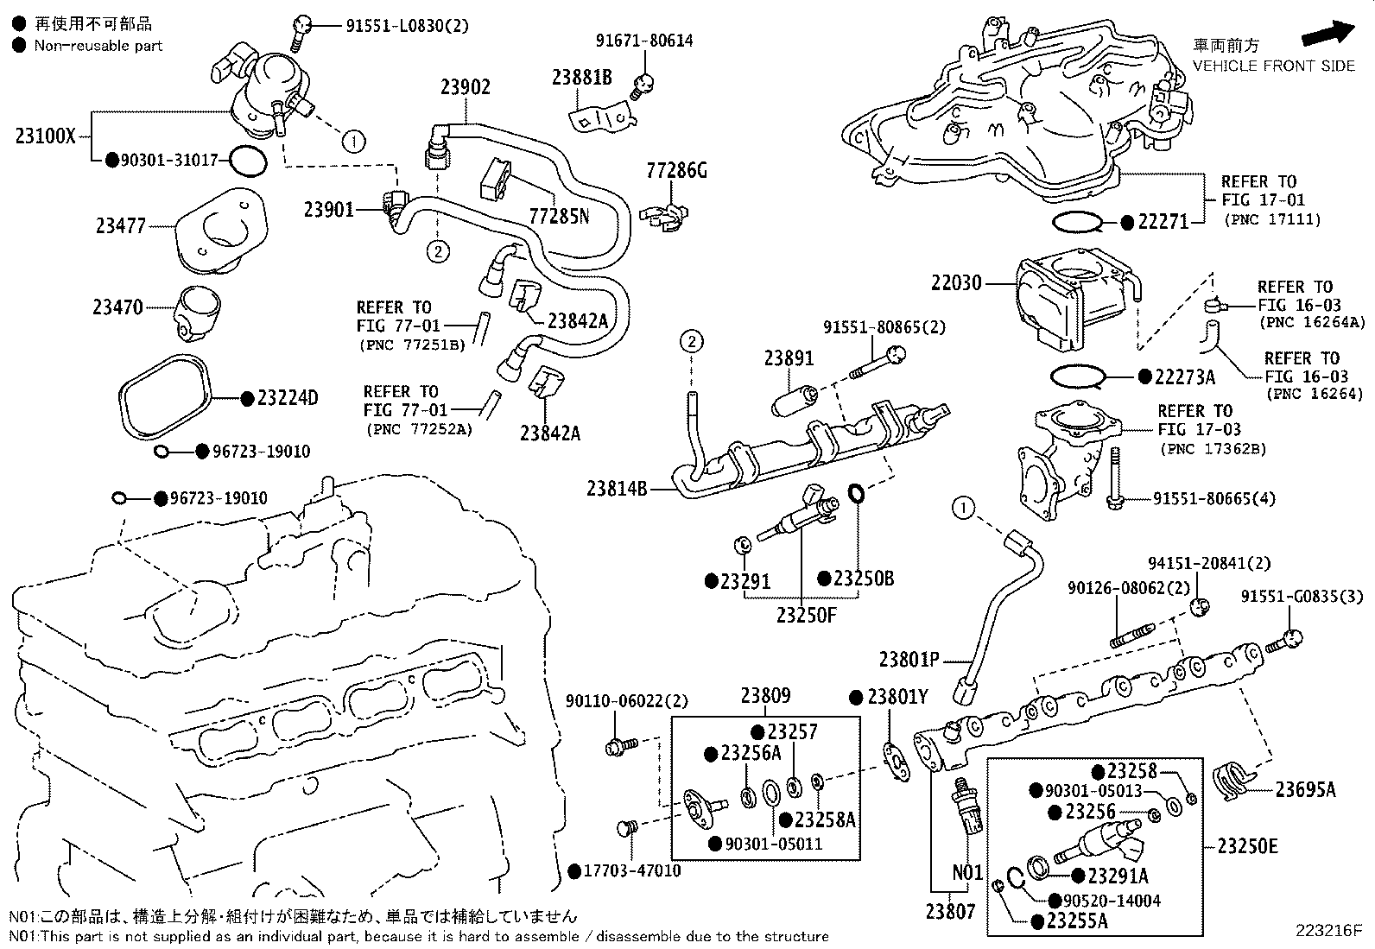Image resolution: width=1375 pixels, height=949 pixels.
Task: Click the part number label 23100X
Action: pyautogui.click(x=46, y=136)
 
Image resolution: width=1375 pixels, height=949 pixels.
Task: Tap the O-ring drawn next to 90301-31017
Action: pyautogui.click(x=248, y=161)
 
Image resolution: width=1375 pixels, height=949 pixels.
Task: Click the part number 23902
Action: pyautogui.click(x=465, y=87)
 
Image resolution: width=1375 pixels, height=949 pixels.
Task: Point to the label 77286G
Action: pyautogui.click(x=676, y=170)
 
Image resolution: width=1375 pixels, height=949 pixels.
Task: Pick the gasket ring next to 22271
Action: pyautogui.click(x=1077, y=223)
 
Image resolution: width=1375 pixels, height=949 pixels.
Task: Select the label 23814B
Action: pyautogui.click(x=617, y=489)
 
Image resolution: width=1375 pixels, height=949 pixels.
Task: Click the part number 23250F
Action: pyautogui.click(x=806, y=615)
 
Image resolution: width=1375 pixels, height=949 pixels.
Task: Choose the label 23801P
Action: pyautogui.click(x=909, y=660)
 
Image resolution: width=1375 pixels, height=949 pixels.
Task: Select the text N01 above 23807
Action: pyautogui.click(x=967, y=873)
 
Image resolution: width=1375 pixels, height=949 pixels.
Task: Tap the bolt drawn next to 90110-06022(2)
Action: pyautogui.click(x=620, y=745)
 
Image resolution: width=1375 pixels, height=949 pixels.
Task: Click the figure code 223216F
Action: pyautogui.click(x=1327, y=931)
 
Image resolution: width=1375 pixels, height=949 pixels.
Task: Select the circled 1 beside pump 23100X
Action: pyautogui.click(x=353, y=141)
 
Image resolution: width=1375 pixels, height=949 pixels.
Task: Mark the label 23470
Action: pyautogui.click(x=118, y=307)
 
